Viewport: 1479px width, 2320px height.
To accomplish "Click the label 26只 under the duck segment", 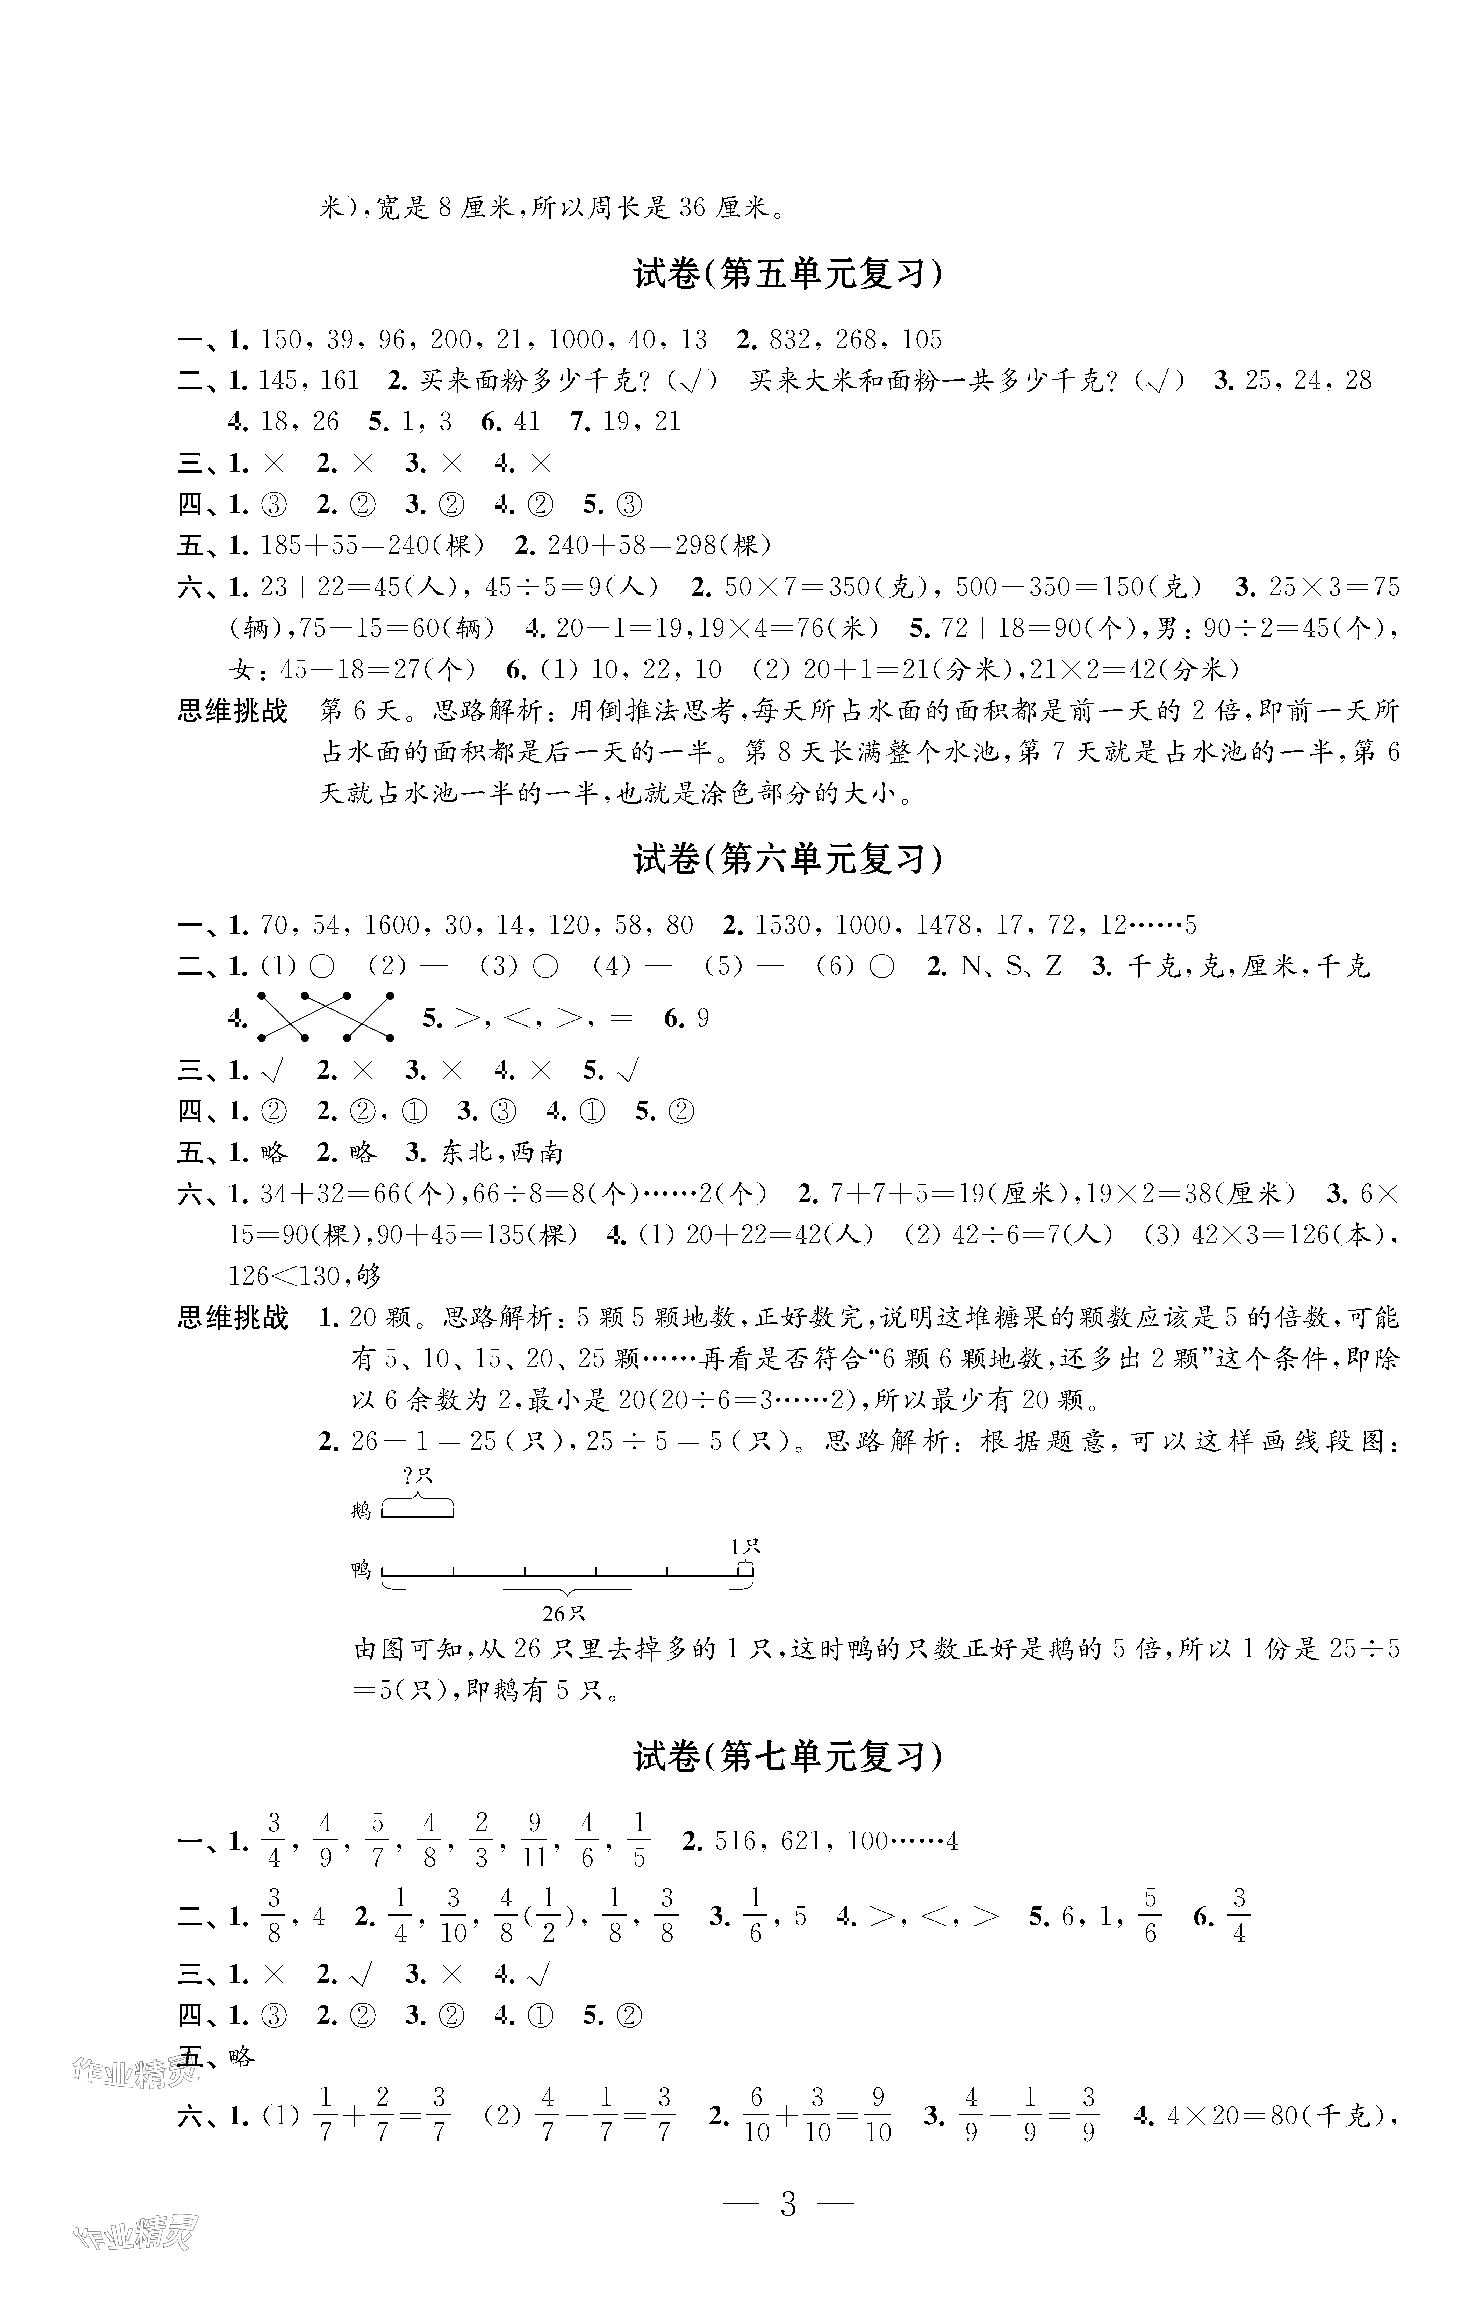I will coord(564,1613).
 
